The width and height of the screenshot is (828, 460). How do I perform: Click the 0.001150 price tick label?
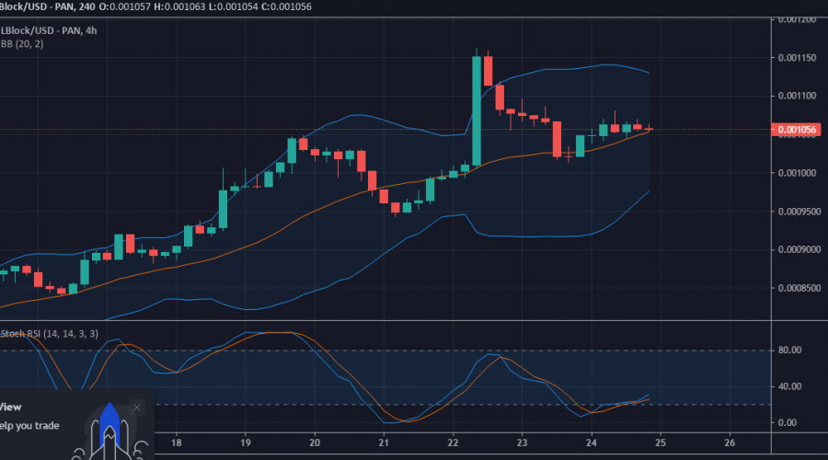pos(797,57)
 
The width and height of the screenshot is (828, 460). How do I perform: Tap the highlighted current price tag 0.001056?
pos(798,130)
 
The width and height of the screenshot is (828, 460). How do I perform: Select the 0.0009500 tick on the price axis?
pos(797,211)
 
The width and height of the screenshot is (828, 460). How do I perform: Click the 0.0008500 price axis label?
pos(797,288)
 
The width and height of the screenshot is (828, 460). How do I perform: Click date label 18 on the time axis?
pos(177,442)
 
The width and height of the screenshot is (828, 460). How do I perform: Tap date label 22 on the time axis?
pos(453,442)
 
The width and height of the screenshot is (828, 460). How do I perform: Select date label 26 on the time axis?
pos(729,442)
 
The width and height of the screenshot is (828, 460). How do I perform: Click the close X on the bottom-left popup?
pos(137,407)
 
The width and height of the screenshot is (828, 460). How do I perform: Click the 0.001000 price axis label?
pos(797,173)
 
